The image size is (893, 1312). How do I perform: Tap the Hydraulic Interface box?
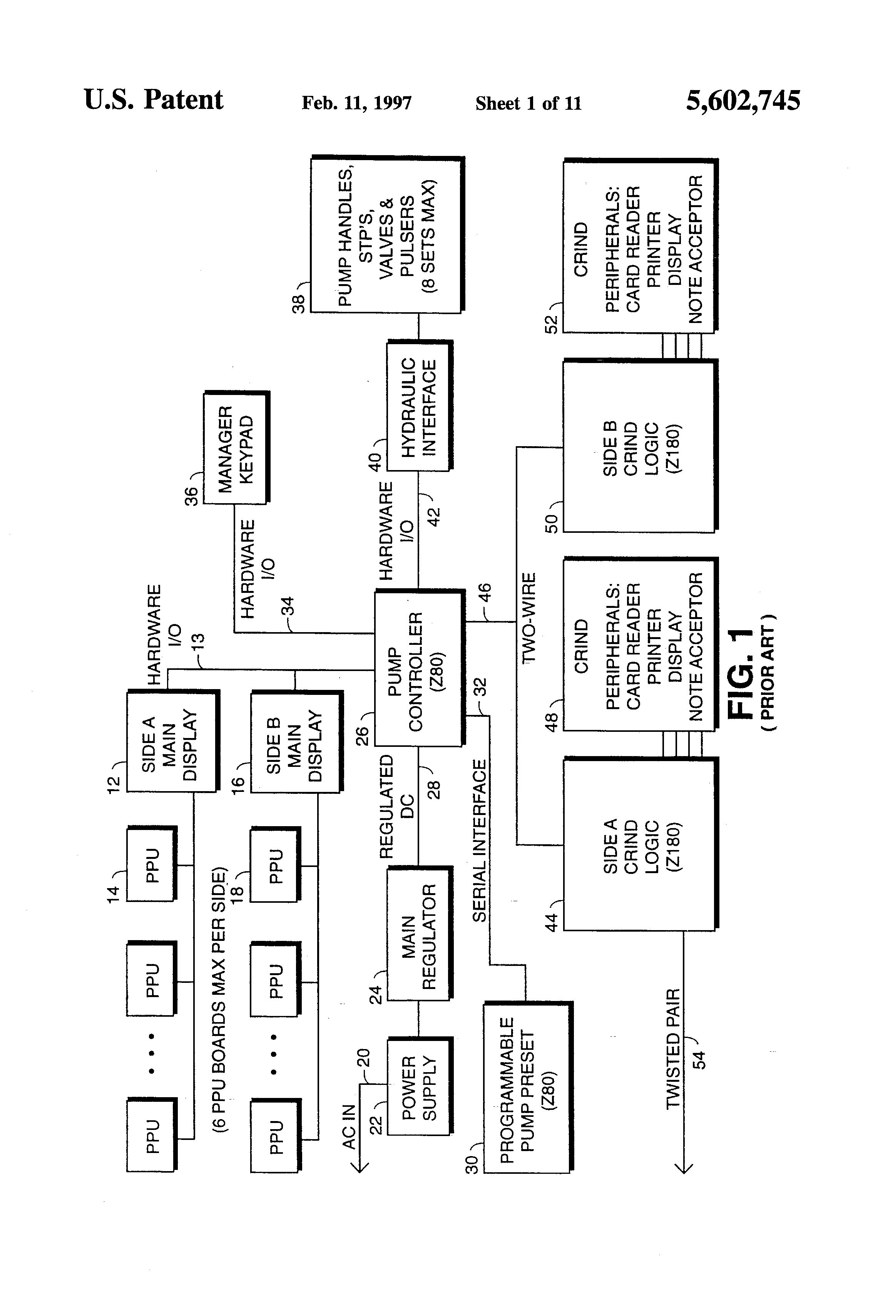click(418, 406)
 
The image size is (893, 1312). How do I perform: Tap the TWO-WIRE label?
click(529, 618)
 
